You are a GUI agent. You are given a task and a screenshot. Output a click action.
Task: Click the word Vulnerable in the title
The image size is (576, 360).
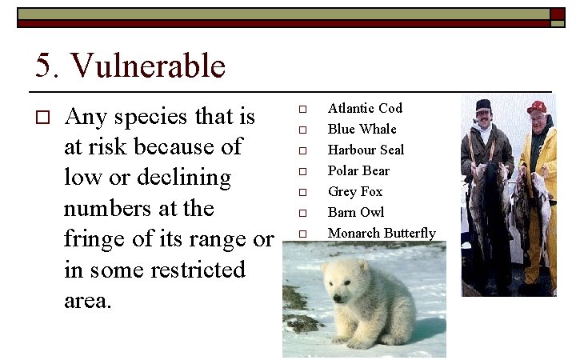(149, 66)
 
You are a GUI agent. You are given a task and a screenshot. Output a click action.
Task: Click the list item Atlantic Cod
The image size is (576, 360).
(365, 108)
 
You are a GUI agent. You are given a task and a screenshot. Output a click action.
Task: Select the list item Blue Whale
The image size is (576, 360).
(362, 129)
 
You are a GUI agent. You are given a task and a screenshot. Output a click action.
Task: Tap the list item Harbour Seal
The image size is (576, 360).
(366, 150)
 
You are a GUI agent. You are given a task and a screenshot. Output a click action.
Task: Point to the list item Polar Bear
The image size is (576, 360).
(358, 170)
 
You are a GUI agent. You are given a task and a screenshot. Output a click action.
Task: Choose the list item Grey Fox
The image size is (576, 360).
(355, 191)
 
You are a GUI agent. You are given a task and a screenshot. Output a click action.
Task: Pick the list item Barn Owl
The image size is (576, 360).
(355, 212)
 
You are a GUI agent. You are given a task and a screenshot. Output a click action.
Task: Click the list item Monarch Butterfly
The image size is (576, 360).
(382, 233)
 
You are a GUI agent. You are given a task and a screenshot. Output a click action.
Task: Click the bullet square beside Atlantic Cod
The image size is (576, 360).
(302, 109)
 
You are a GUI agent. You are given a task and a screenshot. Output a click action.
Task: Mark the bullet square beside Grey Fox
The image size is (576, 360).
(302, 192)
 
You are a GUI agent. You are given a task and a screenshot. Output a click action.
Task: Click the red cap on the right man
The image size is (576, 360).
(537, 106)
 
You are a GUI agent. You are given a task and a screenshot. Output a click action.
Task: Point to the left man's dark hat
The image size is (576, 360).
(483, 105)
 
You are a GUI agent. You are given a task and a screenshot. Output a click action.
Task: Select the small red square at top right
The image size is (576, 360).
(557, 14)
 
